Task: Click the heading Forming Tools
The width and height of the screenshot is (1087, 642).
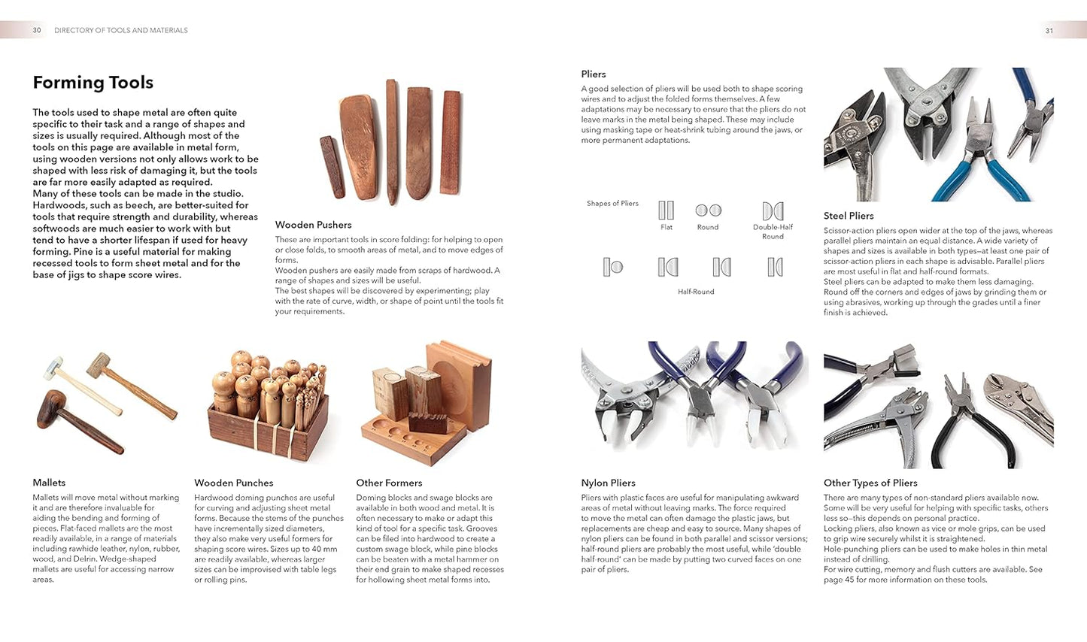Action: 93,83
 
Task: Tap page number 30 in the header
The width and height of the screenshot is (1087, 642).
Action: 37,30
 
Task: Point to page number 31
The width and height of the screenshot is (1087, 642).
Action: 1049,31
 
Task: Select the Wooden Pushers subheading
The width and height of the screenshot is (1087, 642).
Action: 313,225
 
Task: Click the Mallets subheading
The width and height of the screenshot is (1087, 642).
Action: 49,483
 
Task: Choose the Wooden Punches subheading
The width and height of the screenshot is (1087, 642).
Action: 233,483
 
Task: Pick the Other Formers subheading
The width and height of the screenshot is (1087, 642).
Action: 389,483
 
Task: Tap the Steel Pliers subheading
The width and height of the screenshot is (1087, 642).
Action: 849,216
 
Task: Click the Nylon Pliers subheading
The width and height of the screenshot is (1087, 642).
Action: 608,483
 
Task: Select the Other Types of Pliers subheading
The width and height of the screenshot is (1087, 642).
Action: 870,483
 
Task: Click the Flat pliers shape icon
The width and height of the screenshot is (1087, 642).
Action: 666,210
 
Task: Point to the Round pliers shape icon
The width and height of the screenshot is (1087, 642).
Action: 708,210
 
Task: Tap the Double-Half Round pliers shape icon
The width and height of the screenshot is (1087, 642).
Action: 773,211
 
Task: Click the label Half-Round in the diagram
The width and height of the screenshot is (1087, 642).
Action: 696,292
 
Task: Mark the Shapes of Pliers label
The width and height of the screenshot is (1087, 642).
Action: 612,204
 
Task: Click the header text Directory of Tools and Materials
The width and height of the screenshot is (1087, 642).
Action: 121,31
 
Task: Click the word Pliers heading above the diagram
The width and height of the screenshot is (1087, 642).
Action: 594,74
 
